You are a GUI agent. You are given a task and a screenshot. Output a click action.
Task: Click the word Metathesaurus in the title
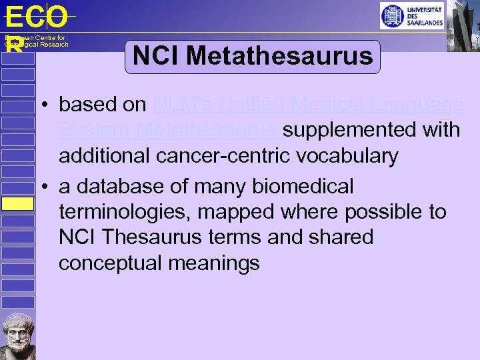(x=280, y=56)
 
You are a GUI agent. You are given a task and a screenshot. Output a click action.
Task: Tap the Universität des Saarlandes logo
(x=411, y=15)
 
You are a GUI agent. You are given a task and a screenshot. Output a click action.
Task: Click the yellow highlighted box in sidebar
(x=17, y=203)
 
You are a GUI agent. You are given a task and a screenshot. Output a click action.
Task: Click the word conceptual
(x=111, y=263)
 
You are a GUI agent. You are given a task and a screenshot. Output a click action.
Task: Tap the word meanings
(x=214, y=263)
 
